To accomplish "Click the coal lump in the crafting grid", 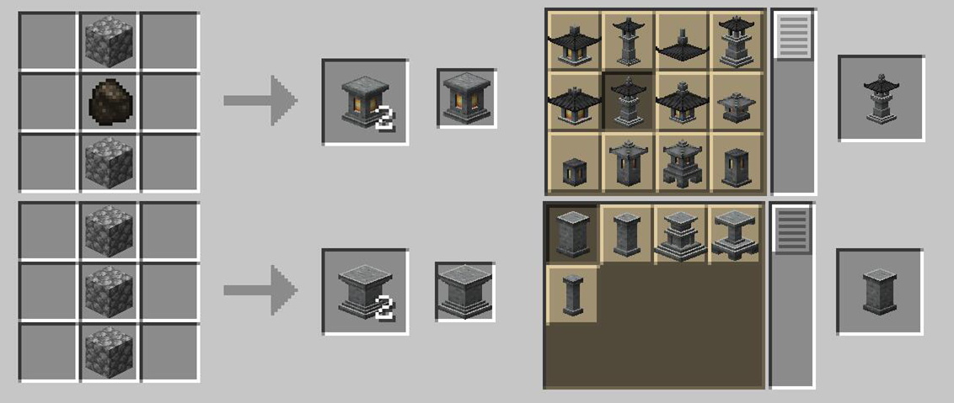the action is pos(110,102).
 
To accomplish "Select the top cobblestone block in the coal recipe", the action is pos(110,40).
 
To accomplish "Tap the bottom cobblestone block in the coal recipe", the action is pos(110,162).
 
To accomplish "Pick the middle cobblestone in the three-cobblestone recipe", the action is pos(110,291).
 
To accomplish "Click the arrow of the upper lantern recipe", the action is pos(260,100).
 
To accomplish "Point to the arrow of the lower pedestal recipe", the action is pos(260,290).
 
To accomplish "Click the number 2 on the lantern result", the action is pos(384,119).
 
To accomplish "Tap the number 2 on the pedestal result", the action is pos(384,309).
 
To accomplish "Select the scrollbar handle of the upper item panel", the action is pos(792,35).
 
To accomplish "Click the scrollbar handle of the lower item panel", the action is pos(792,231).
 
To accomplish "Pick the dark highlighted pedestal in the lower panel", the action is pos(572,233).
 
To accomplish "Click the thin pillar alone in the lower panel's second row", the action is pos(572,294).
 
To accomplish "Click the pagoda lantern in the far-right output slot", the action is pos(881,98).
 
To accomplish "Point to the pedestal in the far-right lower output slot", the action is pos(879,291).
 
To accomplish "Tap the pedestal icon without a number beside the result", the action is pos(465,291).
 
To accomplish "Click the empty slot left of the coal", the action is pos(48,102).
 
